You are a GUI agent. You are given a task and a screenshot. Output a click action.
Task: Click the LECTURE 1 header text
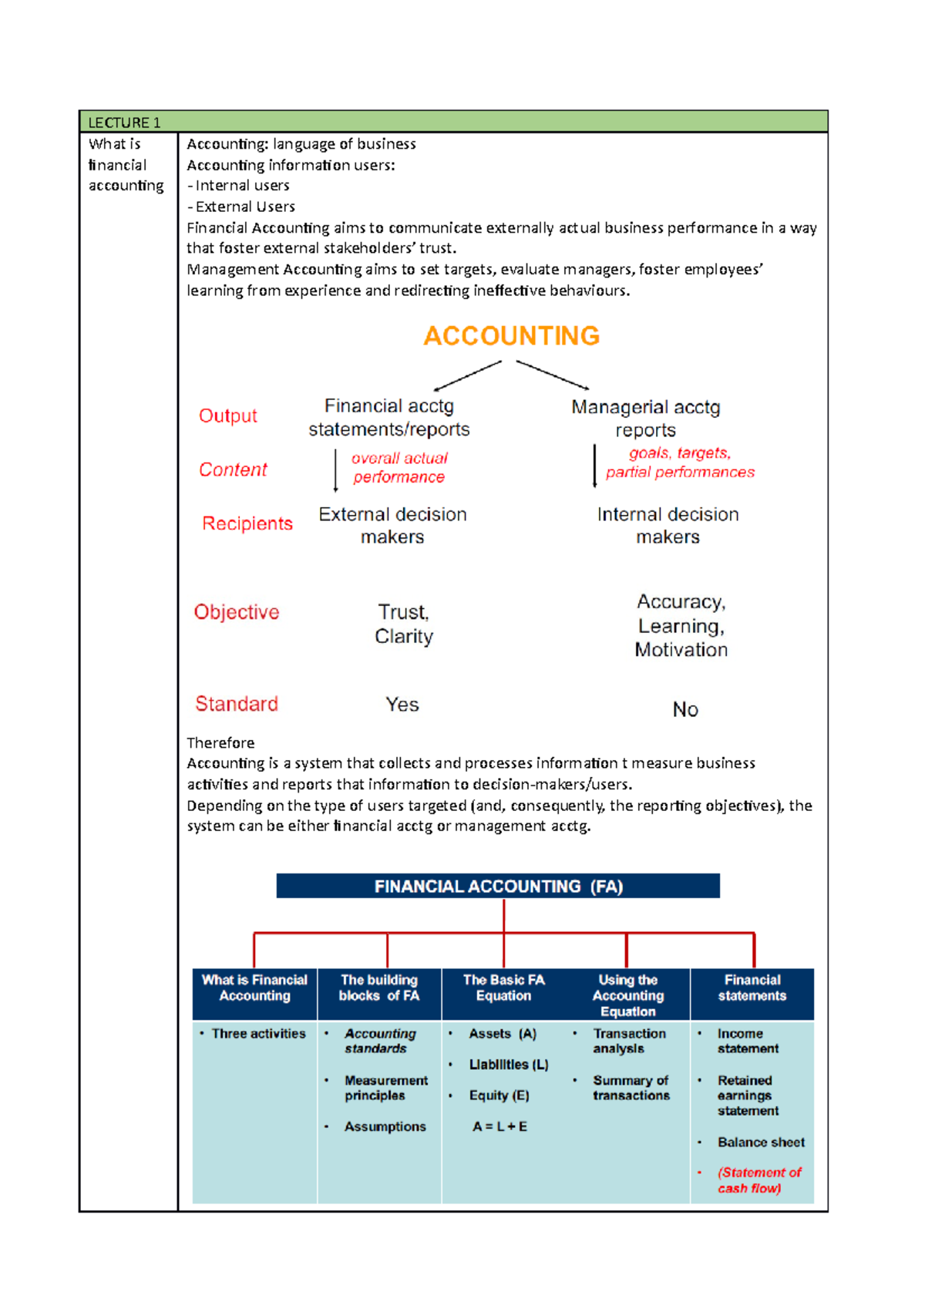click(x=124, y=123)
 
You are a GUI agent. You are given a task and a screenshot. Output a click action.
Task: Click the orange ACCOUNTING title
click(x=511, y=336)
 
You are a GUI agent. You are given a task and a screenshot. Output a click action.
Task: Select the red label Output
click(x=227, y=416)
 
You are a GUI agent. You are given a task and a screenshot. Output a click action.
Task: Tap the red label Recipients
click(x=247, y=523)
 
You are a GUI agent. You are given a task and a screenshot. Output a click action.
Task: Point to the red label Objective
click(x=236, y=612)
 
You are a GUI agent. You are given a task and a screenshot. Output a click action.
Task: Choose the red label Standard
click(x=236, y=704)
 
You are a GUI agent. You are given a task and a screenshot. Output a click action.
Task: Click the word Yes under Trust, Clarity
click(x=402, y=705)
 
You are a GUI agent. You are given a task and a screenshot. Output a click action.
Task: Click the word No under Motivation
click(x=684, y=709)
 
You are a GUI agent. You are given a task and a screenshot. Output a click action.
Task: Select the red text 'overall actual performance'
click(x=399, y=468)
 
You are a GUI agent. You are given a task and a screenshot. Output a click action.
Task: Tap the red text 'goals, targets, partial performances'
click(x=680, y=463)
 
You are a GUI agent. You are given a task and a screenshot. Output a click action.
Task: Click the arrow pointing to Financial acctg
click(x=467, y=376)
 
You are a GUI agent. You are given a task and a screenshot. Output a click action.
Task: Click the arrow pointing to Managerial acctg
click(x=552, y=375)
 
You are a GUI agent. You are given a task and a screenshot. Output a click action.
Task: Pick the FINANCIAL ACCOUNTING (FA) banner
click(x=498, y=887)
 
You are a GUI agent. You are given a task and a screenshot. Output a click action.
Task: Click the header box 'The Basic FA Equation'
click(x=503, y=988)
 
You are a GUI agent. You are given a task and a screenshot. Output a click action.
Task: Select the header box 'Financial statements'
click(x=752, y=988)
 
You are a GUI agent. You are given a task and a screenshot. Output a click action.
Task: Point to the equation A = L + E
click(x=499, y=1126)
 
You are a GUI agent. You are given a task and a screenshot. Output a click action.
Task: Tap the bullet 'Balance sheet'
click(x=760, y=1142)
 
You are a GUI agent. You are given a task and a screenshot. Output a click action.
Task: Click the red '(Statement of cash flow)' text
click(x=758, y=1180)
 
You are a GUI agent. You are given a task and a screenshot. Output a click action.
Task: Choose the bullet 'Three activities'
click(x=258, y=1034)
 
